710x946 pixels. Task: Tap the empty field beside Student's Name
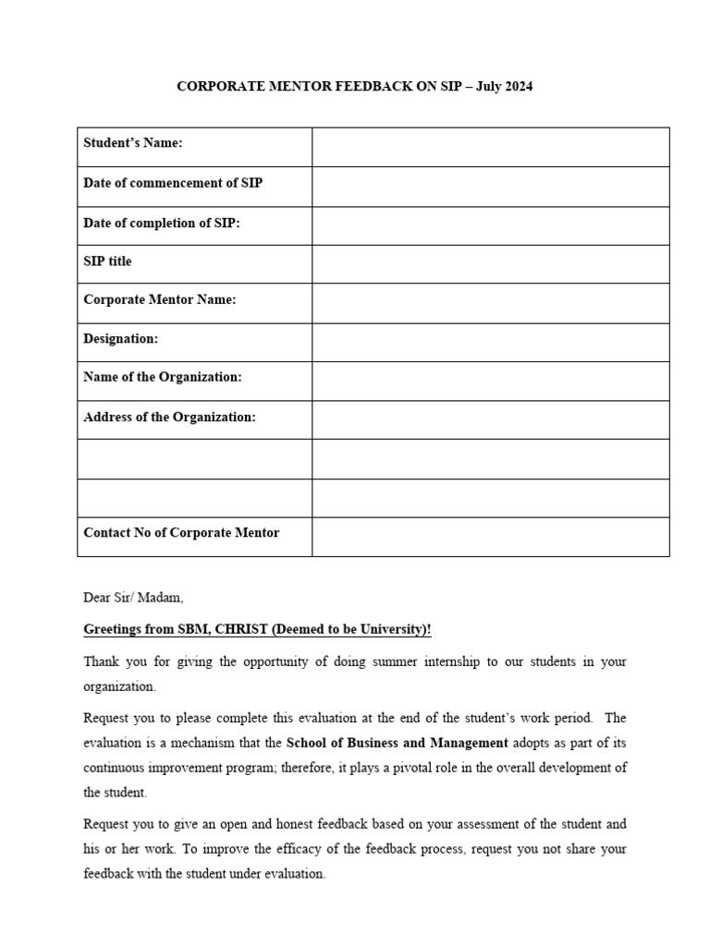490,147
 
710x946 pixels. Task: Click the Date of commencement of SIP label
173,183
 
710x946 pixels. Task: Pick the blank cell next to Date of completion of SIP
490,225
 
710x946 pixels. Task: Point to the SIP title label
108,261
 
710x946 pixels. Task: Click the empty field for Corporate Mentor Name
490,303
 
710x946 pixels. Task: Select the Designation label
121,339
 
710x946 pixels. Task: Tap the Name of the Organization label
163,377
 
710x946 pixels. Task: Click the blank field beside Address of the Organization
490,419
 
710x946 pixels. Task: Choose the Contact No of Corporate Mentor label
181,533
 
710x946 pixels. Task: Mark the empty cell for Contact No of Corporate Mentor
490,537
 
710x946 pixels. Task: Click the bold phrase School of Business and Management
398,743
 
